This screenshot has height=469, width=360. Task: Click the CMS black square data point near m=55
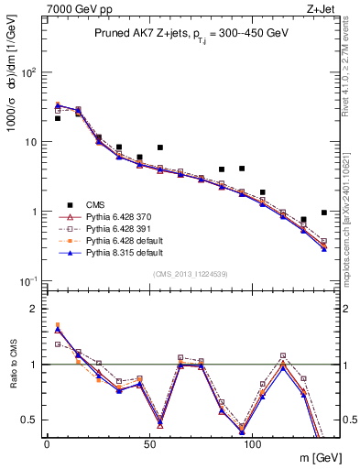click(160, 147)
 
